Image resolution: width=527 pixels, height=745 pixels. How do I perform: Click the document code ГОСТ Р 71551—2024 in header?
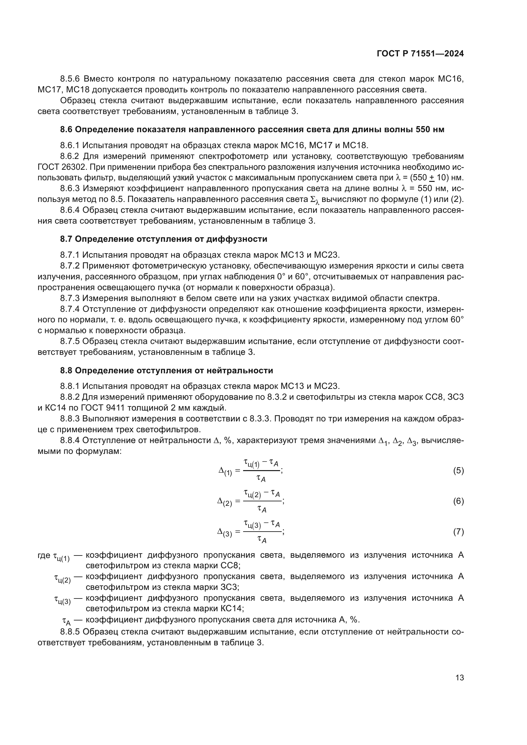pyautogui.click(x=420, y=54)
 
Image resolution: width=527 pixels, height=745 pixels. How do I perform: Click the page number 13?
pyautogui.click(x=459, y=678)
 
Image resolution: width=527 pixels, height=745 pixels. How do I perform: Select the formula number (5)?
pyautogui.click(x=458, y=471)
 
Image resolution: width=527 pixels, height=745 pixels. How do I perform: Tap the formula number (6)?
pyautogui.click(x=458, y=501)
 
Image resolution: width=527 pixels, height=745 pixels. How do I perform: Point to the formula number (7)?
pyautogui.click(x=458, y=532)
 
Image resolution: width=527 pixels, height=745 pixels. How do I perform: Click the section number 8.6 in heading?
pyautogui.click(x=66, y=129)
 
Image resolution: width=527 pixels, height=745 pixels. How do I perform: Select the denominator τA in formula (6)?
pyautogui.click(x=262, y=509)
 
